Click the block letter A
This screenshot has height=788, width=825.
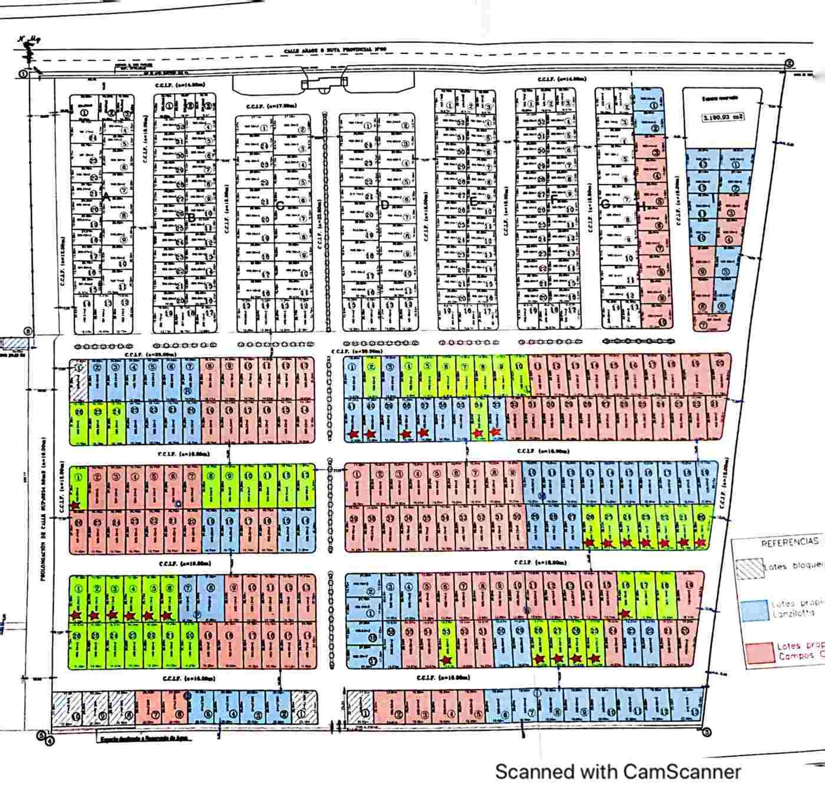point(106,198)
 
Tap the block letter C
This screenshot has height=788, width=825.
point(280,206)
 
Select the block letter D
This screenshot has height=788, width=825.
point(385,205)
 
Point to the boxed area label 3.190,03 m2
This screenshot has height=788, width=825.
point(723,117)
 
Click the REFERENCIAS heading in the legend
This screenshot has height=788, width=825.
point(789,542)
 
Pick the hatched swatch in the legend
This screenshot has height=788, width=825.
point(749,568)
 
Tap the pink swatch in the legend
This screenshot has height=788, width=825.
point(760,654)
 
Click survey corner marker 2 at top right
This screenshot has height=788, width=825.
point(789,64)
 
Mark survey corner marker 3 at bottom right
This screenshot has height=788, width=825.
point(707,732)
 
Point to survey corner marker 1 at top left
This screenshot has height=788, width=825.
point(23,74)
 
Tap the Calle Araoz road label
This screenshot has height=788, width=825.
point(335,50)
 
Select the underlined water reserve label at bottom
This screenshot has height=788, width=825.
point(144,739)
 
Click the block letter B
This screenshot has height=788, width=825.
point(192,218)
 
